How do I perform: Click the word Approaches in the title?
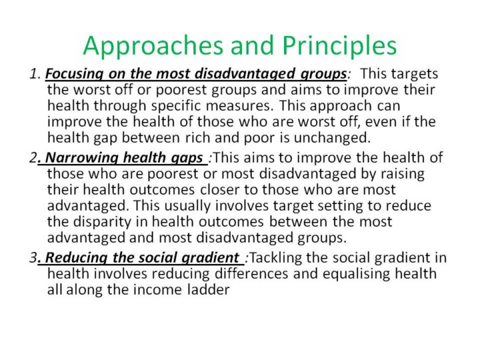tap(153, 46)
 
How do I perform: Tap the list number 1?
tap(35, 74)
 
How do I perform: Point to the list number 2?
tap(33, 157)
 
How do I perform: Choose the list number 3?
tap(33, 257)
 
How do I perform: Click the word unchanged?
tap(332, 138)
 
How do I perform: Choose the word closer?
tap(220, 189)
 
